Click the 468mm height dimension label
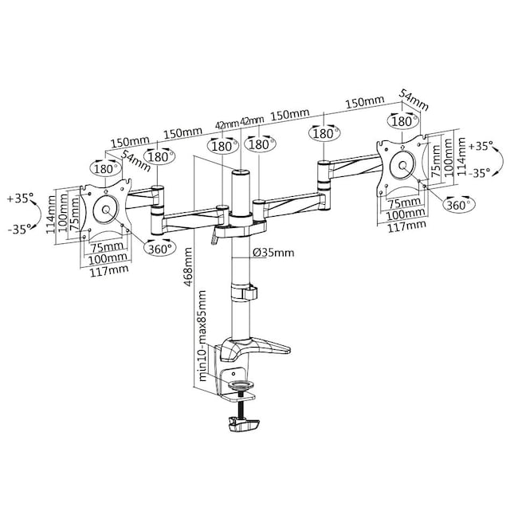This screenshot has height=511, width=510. (x=188, y=267)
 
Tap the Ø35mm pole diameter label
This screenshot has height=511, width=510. (x=273, y=252)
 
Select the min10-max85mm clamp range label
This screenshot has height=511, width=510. (x=202, y=336)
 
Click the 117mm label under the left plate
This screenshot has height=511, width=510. (x=109, y=270)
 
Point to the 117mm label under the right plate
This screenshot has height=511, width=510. (x=406, y=226)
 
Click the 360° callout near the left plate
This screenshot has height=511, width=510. (x=159, y=249)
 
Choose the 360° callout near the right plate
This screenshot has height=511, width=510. (x=458, y=205)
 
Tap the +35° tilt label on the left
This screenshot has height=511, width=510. (x=20, y=198)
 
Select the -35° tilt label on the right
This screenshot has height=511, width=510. (x=480, y=173)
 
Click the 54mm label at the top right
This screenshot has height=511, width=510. (x=414, y=100)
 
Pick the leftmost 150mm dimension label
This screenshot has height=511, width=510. (x=130, y=142)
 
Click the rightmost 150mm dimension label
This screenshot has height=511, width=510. (x=365, y=102)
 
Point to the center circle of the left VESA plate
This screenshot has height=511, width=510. (x=105, y=210)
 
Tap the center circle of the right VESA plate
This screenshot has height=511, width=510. (x=402, y=165)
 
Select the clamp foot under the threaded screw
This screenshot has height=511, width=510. (x=244, y=424)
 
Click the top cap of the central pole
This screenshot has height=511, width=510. (x=241, y=171)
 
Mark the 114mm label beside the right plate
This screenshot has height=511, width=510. (x=461, y=156)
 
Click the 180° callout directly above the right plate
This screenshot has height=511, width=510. (x=403, y=121)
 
